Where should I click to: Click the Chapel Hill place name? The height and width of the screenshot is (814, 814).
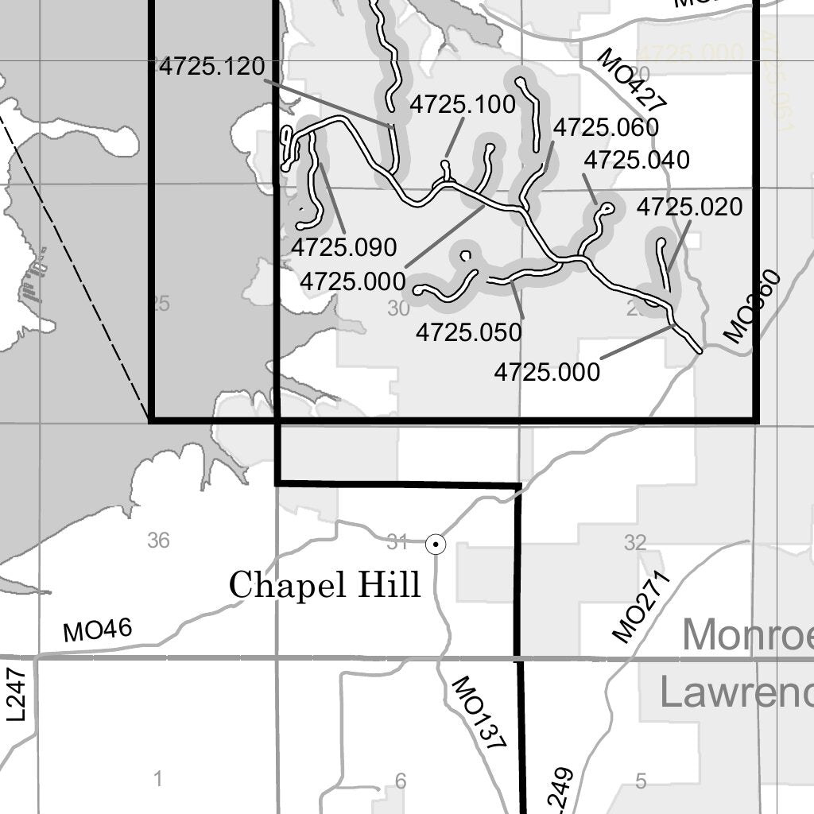point(324,586)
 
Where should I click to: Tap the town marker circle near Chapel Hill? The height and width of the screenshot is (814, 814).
point(436,544)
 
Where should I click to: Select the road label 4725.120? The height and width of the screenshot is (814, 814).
point(211,67)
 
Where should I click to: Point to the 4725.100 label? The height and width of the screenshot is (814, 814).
point(463,104)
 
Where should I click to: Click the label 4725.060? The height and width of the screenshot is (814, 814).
point(606,127)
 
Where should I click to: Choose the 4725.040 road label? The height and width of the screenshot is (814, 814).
point(637,160)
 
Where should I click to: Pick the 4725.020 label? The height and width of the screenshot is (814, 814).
point(689,207)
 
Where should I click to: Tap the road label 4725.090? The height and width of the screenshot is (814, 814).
point(343,247)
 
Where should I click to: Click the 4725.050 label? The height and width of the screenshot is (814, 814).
point(469,331)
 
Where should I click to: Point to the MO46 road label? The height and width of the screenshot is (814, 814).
point(98,631)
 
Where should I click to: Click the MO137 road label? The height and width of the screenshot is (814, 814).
point(478,715)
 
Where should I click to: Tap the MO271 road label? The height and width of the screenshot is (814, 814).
point(642,606)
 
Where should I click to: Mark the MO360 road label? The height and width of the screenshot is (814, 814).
point(752,307)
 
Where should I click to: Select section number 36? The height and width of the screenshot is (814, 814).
point(158,541)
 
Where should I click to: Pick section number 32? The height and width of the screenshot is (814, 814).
point(634,543)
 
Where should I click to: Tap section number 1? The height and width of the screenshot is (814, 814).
point(157,779)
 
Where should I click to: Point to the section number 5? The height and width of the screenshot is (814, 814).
point(641,781)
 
